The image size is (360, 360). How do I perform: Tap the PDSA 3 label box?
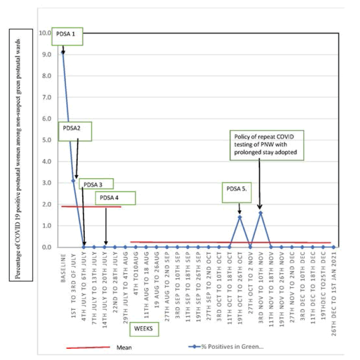[x=96, y=184]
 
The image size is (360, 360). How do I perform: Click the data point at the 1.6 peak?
[x=260, y=213]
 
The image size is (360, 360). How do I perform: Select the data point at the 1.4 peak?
[x=240, y=217]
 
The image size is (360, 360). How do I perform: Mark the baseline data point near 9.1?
[x=63, y=52]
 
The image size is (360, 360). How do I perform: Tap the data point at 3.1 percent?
[x=73, y=180]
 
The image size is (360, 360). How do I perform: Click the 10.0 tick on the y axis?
[x=46, y=33]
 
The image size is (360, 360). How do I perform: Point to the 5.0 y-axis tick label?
[x=47, y=140]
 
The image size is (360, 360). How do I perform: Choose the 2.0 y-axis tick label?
[x=47, y=204]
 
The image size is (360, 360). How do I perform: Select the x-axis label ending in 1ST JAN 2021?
[x=334, y=284]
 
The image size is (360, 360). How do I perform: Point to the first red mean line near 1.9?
[x=91, y=207]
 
